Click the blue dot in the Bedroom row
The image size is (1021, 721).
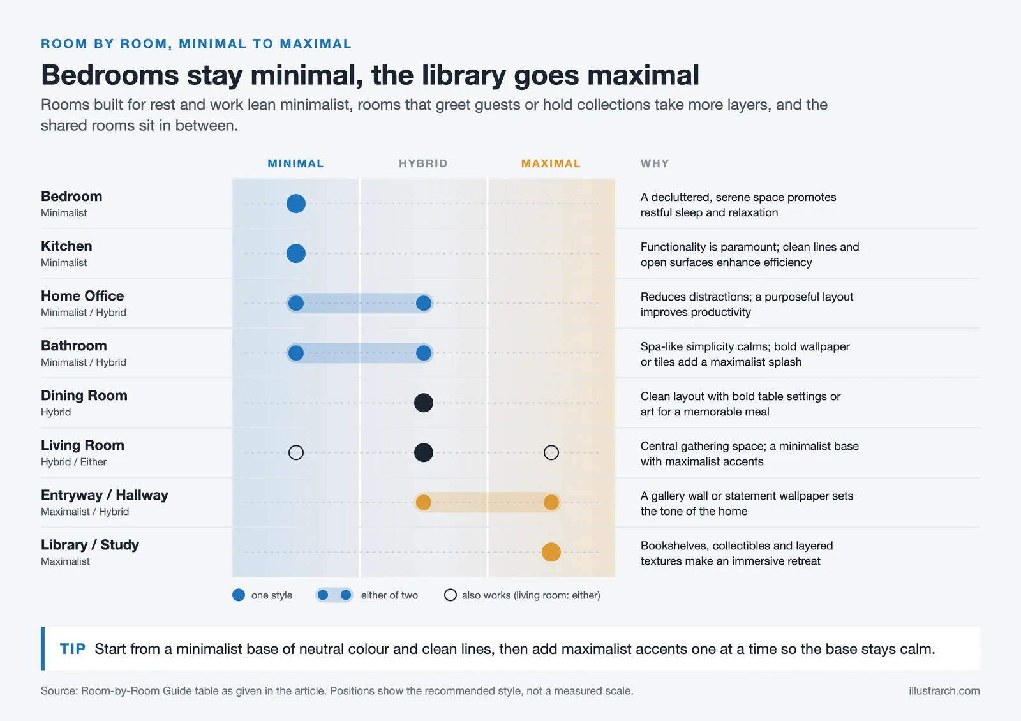click(296, 204)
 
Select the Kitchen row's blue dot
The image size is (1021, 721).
click(296, 253)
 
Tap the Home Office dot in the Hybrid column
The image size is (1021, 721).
click(424, 303)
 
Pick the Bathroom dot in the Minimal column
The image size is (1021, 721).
click(296, 353)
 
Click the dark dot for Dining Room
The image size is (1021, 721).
click(424, 403)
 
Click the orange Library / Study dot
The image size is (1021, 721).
click(551, 552)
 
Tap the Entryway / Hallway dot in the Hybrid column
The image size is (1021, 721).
click(424, 502)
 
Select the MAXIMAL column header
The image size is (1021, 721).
click(551, 163)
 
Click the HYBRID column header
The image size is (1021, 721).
click(423, 163)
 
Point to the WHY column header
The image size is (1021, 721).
click(655, 163)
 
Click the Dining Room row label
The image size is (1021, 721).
click(84, 395)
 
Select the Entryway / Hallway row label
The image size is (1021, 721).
click(105, 495)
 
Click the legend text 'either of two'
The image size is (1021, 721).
click(389, 595)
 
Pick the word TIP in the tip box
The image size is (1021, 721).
click(73, 648)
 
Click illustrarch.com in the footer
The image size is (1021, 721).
click(944, 691)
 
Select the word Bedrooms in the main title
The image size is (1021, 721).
click(109, 75)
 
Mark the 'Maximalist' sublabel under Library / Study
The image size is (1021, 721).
click(65, 561)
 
